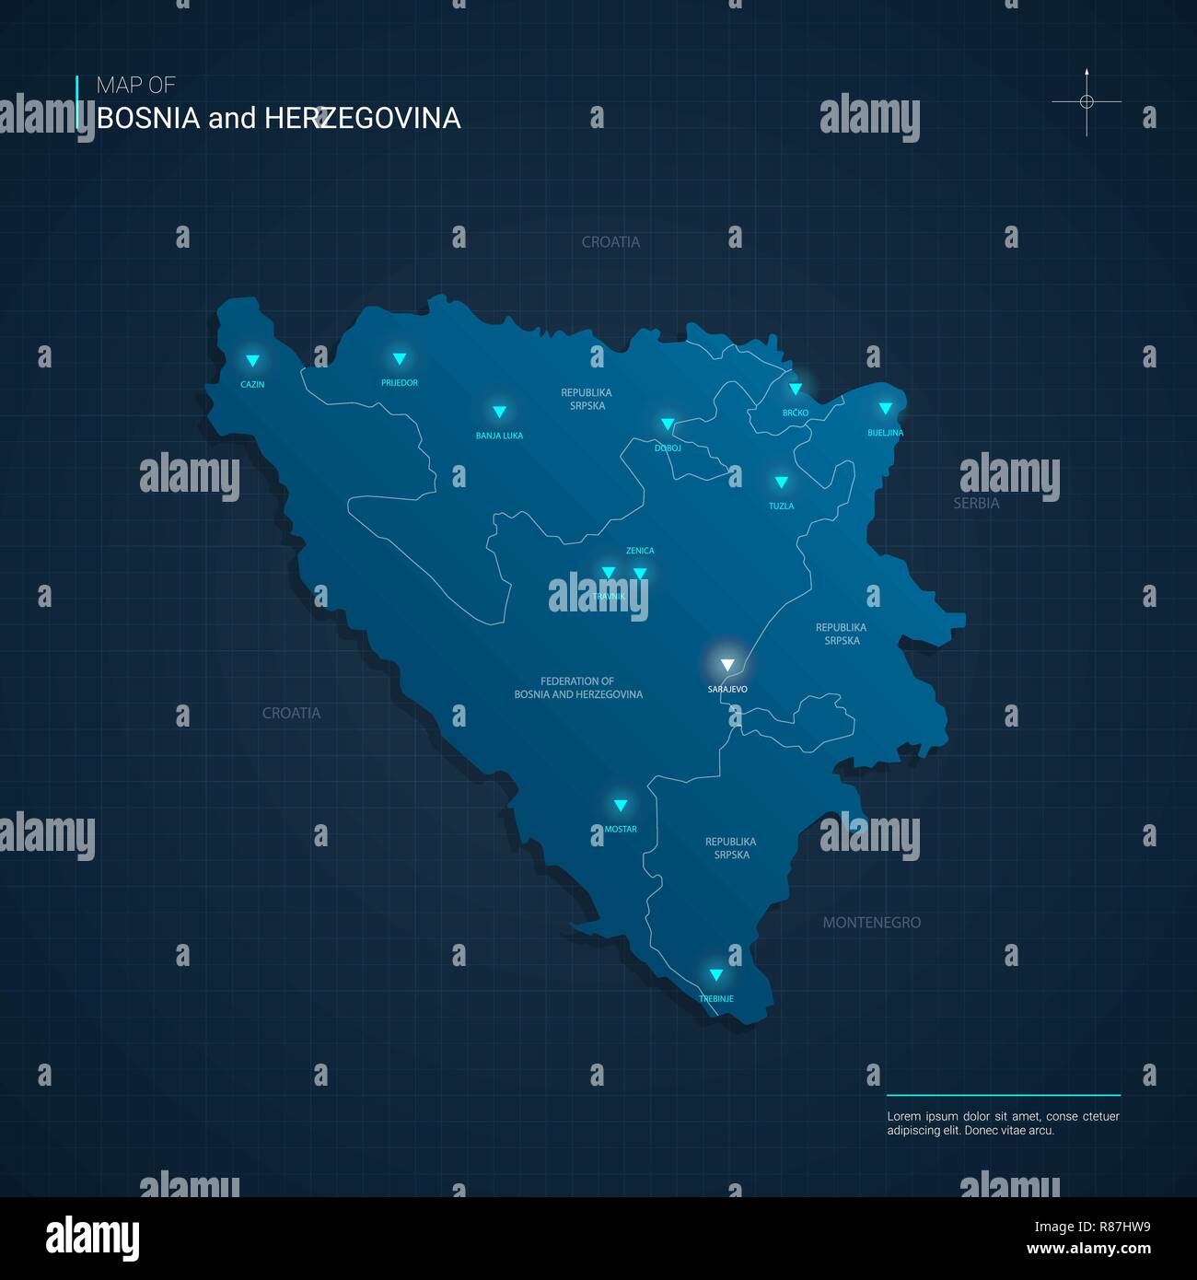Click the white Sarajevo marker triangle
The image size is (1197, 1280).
pos(727,665)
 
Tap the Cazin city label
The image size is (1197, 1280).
pos(252,385)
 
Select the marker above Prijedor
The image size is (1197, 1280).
pos(400,359)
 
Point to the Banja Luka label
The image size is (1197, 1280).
pos(499,436)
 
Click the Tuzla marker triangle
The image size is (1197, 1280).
pos(781,483)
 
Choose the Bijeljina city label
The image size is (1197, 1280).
pos(885,433)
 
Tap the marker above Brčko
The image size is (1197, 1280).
pos(796,390)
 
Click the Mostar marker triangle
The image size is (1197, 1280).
pos(621,806)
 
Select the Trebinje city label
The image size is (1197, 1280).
pos(716,999)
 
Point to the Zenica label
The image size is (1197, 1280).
pos(640,551)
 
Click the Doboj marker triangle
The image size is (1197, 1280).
pos(668,425)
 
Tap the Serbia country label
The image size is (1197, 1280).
pos(976,504)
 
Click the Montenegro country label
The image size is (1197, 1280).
pos(871,923)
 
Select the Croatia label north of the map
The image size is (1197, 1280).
pos(610,242)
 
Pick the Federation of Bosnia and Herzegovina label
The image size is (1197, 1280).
pos(578,688)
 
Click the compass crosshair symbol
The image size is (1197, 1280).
pos(1087,101)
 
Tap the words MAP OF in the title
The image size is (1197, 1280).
pos(135,86)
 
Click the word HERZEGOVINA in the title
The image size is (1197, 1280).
pos(362,119)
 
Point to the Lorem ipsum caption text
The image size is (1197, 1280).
pos(1003,1123)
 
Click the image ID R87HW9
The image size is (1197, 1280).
pos(1092,1227)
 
